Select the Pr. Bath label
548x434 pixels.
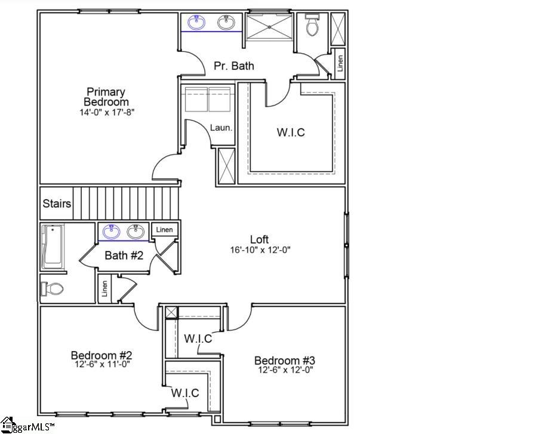[233, 66]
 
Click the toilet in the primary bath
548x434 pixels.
[312, 25]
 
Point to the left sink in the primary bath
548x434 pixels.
[196, 23]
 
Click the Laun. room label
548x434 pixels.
[220, 128]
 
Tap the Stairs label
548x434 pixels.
[57, 204]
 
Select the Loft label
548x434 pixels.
[260, 240]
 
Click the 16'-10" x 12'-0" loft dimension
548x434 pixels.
[260, 250]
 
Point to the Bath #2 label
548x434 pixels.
[125, 256]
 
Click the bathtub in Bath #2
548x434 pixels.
[53, 247]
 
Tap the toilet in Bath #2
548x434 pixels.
[53, 289]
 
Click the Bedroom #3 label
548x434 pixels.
[284, 361]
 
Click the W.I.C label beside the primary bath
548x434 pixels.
[291, 132]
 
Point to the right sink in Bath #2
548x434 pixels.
[136, 232]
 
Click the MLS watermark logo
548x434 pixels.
[27, 426]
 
